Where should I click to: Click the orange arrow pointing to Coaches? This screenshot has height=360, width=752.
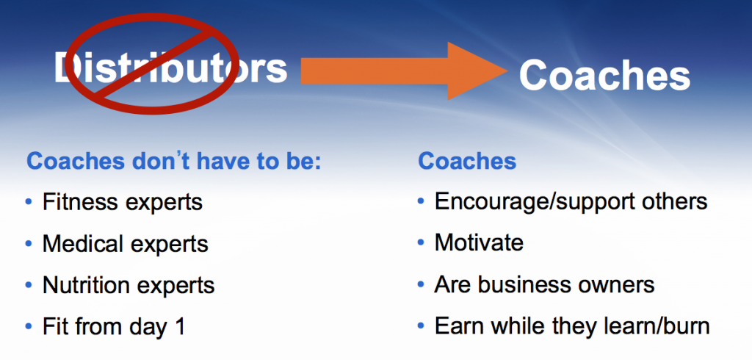pos(404,71)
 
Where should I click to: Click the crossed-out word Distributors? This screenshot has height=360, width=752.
pos(170,68)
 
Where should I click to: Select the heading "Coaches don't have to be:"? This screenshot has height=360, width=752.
pos(174,160)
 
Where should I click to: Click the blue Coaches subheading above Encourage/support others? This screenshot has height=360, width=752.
pos(467,160)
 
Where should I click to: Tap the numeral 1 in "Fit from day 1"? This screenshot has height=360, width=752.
pos(178,326)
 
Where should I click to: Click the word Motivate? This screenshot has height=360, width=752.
pos(479,242)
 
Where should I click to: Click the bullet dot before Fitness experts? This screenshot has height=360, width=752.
pos(28,201)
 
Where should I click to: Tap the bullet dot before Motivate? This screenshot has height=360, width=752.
pos(421,242)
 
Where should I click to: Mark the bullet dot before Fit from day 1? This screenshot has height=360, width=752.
pos(28,327)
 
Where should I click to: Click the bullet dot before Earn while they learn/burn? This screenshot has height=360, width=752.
pos(421,327)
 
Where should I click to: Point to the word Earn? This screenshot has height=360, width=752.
pos(456,326)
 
